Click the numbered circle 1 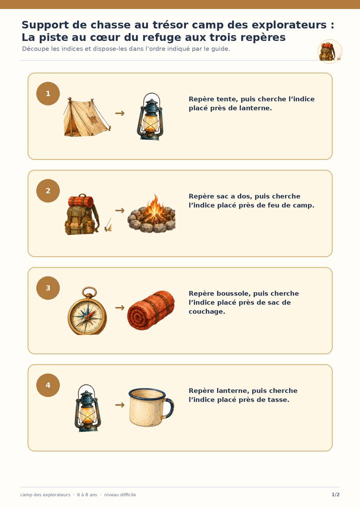pos(48,93)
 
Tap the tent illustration pos(86,117)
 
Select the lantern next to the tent pos(150,116)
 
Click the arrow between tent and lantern pos(120,113)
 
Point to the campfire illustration pos(151,213)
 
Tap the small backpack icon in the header pos(328,51)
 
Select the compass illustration pos(87,310)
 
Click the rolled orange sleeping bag pos(151,310)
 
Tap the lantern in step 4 pos(87,408)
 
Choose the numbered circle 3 pos(48,288)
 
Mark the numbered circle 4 pos(48,385)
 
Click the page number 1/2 pos(335,494)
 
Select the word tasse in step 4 pos(279,399)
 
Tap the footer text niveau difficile pos(120,494)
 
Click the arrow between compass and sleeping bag pos(120,307)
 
